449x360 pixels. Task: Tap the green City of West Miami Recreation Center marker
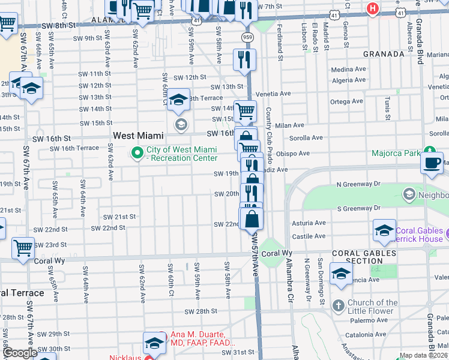pos(137,154)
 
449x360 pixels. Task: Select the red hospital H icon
pos(373,8)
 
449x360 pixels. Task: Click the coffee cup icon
pos(432,163)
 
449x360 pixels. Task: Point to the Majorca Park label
pos(396,154)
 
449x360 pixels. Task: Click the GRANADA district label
pos(384,54)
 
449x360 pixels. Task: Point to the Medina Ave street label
pos(348,70)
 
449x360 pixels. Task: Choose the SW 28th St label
pos(200,311)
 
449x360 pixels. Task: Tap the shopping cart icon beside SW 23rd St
pos(23,246)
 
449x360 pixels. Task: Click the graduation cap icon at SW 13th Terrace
pos(178,99)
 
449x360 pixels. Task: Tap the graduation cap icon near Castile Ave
pos(384,230)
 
